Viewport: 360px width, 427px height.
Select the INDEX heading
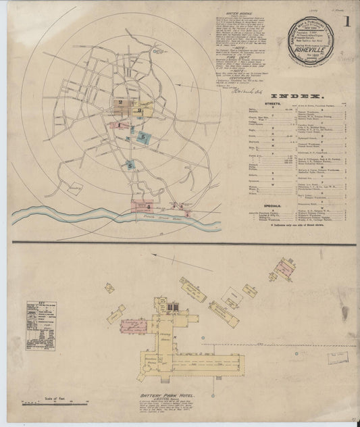click(x=290, y=97)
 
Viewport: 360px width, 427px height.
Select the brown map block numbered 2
click(x=124, y=104)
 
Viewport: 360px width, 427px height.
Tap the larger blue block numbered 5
click(x=145, y=137)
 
